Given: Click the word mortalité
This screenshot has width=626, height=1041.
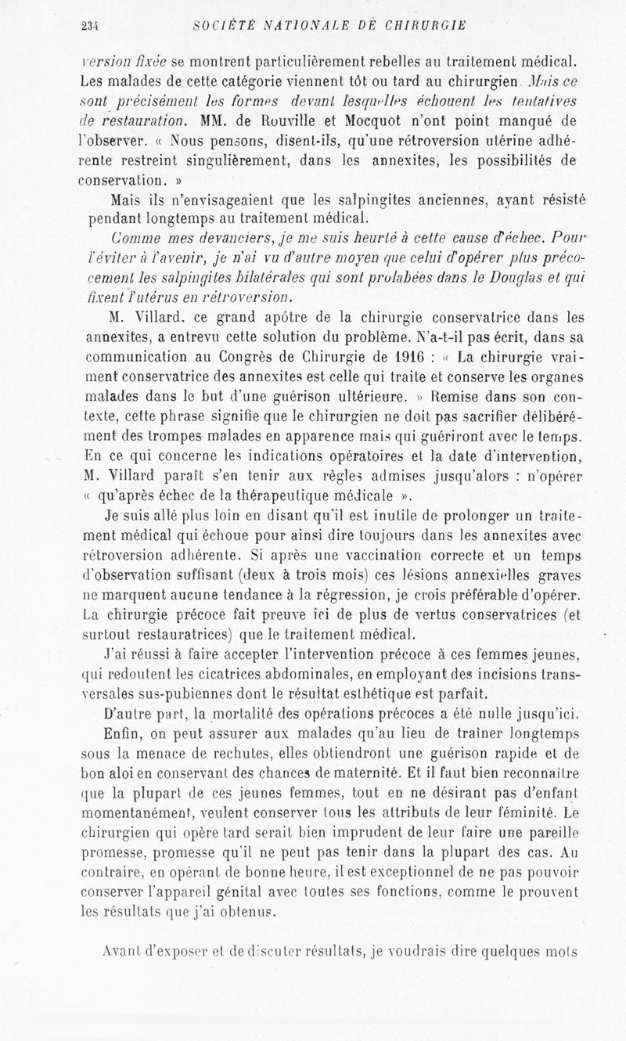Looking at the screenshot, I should (x=254, y=714).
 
